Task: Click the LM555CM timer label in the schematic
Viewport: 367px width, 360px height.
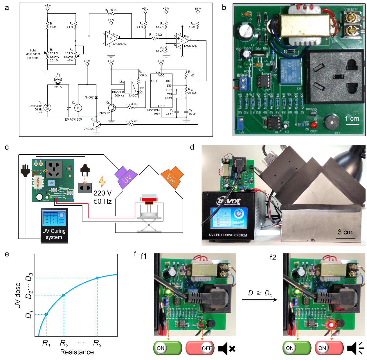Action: [x=153, y=112]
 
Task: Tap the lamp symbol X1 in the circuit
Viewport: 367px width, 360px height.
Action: [x=58, y=80]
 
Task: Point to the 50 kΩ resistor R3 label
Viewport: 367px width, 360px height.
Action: [x=111, y=10]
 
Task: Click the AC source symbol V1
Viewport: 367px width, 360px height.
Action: [x=47, y=108]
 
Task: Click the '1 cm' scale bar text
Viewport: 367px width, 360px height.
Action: [x=352, y=119]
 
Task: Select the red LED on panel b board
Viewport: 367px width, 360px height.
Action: [x=314, y=125]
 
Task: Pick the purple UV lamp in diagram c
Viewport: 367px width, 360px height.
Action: [x=126, y=178]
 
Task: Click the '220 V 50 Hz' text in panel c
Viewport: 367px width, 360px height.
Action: [x=102, y=197]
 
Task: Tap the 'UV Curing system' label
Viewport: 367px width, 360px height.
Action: [x=54, y=234]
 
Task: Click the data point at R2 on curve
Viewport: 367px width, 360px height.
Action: [x=64, y=295]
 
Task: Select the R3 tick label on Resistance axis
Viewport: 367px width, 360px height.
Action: [x=97, y=343]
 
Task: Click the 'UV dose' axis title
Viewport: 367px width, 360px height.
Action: [x=18, y=295]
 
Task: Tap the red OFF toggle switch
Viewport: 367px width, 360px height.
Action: [x=200, y=348]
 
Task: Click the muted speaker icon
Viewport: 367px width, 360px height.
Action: [x=226, y=348]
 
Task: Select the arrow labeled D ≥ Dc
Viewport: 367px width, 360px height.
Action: [x=260, y=299]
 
